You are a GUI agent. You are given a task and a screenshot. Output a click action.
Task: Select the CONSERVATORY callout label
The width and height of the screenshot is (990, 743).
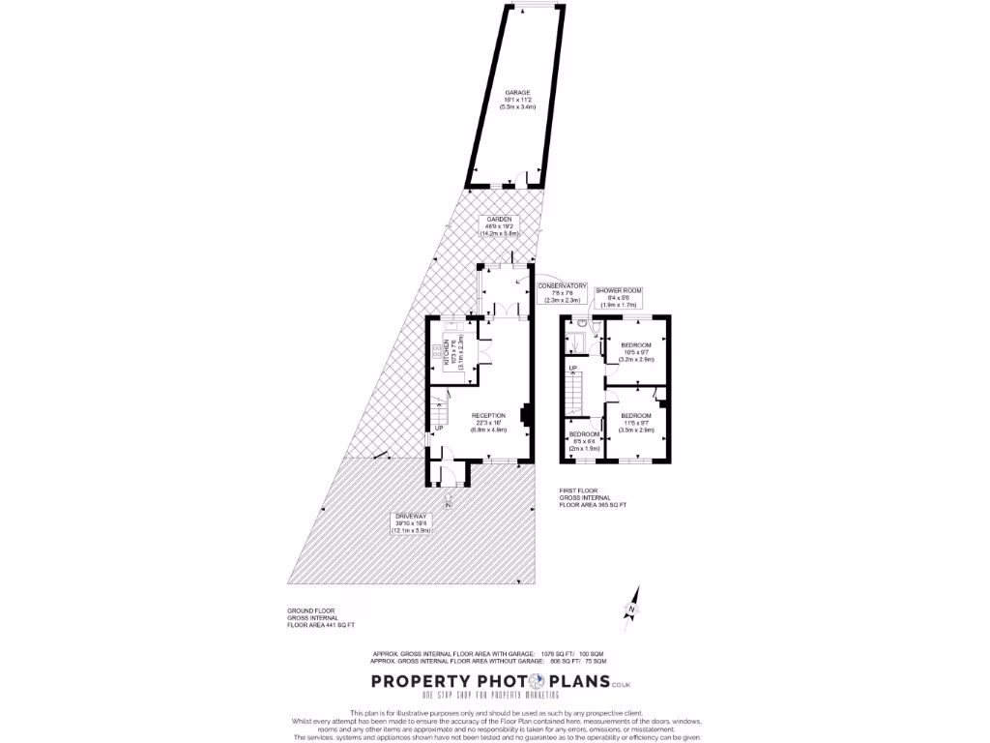(x=562, y=293)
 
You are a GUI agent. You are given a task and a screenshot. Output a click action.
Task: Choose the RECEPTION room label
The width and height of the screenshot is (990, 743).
(x=489, y=422)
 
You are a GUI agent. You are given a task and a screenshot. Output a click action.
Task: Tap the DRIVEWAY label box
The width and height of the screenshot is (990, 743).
(x=411, y=523)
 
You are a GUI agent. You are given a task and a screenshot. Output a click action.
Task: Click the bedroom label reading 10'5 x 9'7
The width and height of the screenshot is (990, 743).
(x=637, y=351)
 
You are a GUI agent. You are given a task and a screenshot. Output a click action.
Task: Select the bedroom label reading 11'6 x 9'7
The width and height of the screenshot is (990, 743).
(x=637, y=422)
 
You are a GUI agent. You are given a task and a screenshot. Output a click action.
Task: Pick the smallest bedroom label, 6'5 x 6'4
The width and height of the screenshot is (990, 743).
(x=584, y=442)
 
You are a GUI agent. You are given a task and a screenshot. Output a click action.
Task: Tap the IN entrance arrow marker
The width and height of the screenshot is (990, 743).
(x=448, y=502)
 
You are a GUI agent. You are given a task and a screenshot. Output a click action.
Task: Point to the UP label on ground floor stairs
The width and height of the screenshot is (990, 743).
(x=438, y=428)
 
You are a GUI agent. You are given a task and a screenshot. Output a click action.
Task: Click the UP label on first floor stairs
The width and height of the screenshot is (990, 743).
(x=572, y=369)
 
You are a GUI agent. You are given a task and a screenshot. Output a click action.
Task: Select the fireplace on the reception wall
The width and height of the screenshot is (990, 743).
(x=525, y=414)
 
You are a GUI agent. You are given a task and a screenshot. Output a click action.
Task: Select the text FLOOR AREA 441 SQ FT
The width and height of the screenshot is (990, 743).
(x=321, y=626)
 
